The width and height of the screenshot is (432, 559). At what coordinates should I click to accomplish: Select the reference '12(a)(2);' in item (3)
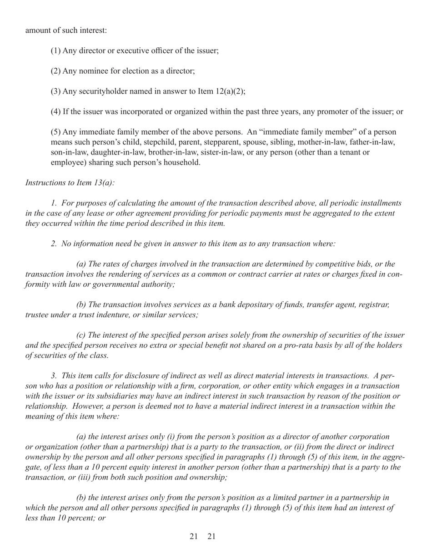point(230,91)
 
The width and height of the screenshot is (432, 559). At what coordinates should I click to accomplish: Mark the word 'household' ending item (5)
point(181,162)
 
